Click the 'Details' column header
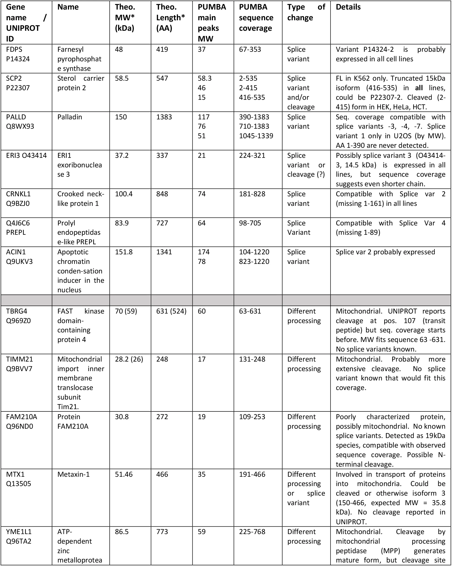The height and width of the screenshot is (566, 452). [348, 7]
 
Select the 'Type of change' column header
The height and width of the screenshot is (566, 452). [306, 12]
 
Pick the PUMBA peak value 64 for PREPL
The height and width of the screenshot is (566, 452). [202, 223]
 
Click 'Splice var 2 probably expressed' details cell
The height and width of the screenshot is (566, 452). [385, 252]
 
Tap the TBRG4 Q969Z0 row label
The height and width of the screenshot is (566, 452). [18, 316]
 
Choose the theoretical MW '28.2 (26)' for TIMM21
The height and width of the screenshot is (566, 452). [129, 359]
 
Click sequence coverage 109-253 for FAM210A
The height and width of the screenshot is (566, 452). [252, 417]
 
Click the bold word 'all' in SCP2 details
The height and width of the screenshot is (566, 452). [419, 88]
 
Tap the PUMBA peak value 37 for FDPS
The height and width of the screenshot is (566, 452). [202, 49]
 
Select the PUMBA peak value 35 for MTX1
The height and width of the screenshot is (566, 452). [202, 474]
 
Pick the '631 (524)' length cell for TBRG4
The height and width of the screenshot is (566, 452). [171, 311]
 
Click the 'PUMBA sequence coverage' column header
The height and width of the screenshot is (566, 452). [256, 17]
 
